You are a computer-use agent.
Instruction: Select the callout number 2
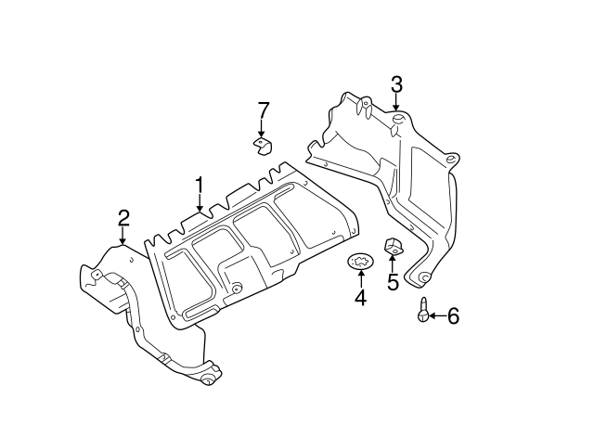coord(123,218)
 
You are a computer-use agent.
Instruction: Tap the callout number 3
coord(396,85)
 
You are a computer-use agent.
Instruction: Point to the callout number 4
coord(360,298)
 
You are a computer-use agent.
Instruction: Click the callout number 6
coord(453,316)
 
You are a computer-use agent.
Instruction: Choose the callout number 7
coord(263,110)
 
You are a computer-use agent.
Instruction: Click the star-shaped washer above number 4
coord(359,263)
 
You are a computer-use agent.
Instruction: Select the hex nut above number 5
coord(393,248)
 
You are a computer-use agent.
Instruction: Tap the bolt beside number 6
coord(423,311)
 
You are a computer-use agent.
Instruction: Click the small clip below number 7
coord(263,145)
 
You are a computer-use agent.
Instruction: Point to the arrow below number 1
coord(199,206)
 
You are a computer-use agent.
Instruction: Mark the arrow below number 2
coord(123,237)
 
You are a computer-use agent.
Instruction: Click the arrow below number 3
coord(396,105)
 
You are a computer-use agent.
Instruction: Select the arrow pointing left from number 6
coord(435,316)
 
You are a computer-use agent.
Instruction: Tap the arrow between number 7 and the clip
coord(263,128)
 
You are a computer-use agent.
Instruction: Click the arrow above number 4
coord(360,280)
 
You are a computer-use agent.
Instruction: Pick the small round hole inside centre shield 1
coord(237,287)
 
